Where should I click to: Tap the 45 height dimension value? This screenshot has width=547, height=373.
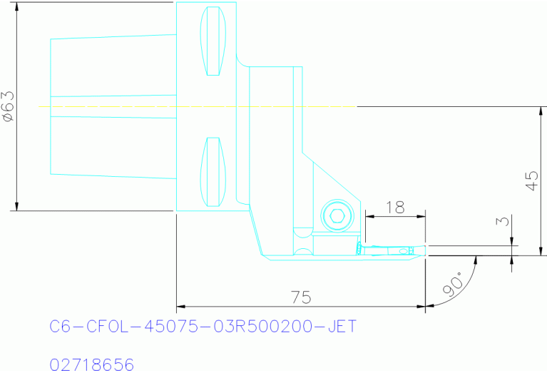(531, 180)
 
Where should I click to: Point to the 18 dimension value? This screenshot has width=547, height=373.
(394, 207)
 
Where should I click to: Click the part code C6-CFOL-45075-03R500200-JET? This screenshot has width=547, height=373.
(203, 327)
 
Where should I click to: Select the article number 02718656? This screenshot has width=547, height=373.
(91, 365)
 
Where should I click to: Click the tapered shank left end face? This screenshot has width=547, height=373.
(51, 106)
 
